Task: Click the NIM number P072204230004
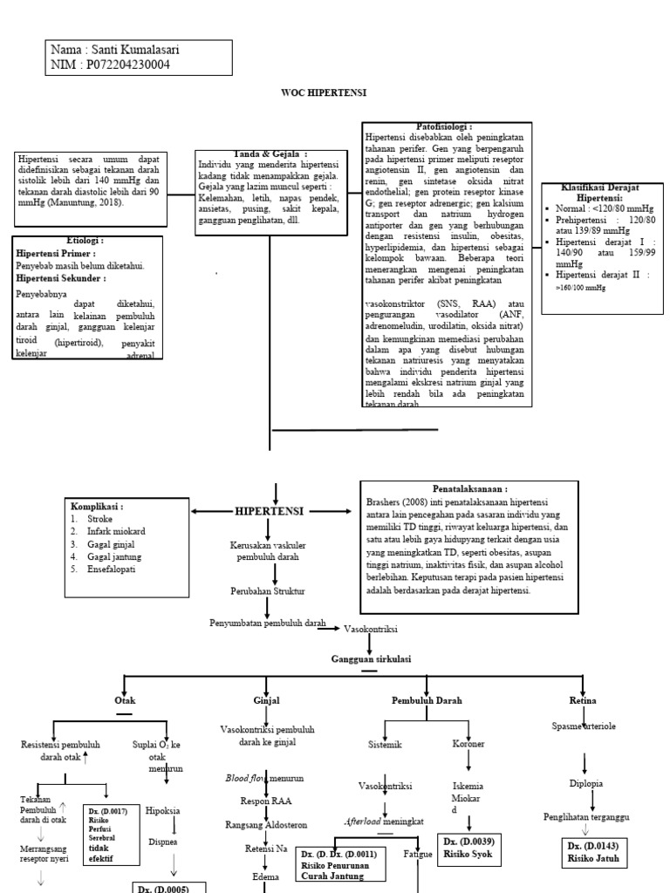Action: pyautogui.click(x=125, y=65)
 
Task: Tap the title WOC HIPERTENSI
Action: pyautogui.click(x=324, y=92)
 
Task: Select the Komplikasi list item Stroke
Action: pyautogui.click(x=99, y=518)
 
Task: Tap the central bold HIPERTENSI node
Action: pyautogui.click(x=270, y=510)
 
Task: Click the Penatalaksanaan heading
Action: pyautogui.click(x=469, y=489)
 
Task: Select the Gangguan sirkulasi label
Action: pyautogui.click(x=370, y=658)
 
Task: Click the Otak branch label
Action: pyautogui.click(x=125, y=699)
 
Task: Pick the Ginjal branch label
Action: pyautogui.click(x=265, y=699)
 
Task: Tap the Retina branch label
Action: pyautogui.click(x=582, y=699)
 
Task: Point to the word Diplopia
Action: pyautogui.click(x=585, y=783)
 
